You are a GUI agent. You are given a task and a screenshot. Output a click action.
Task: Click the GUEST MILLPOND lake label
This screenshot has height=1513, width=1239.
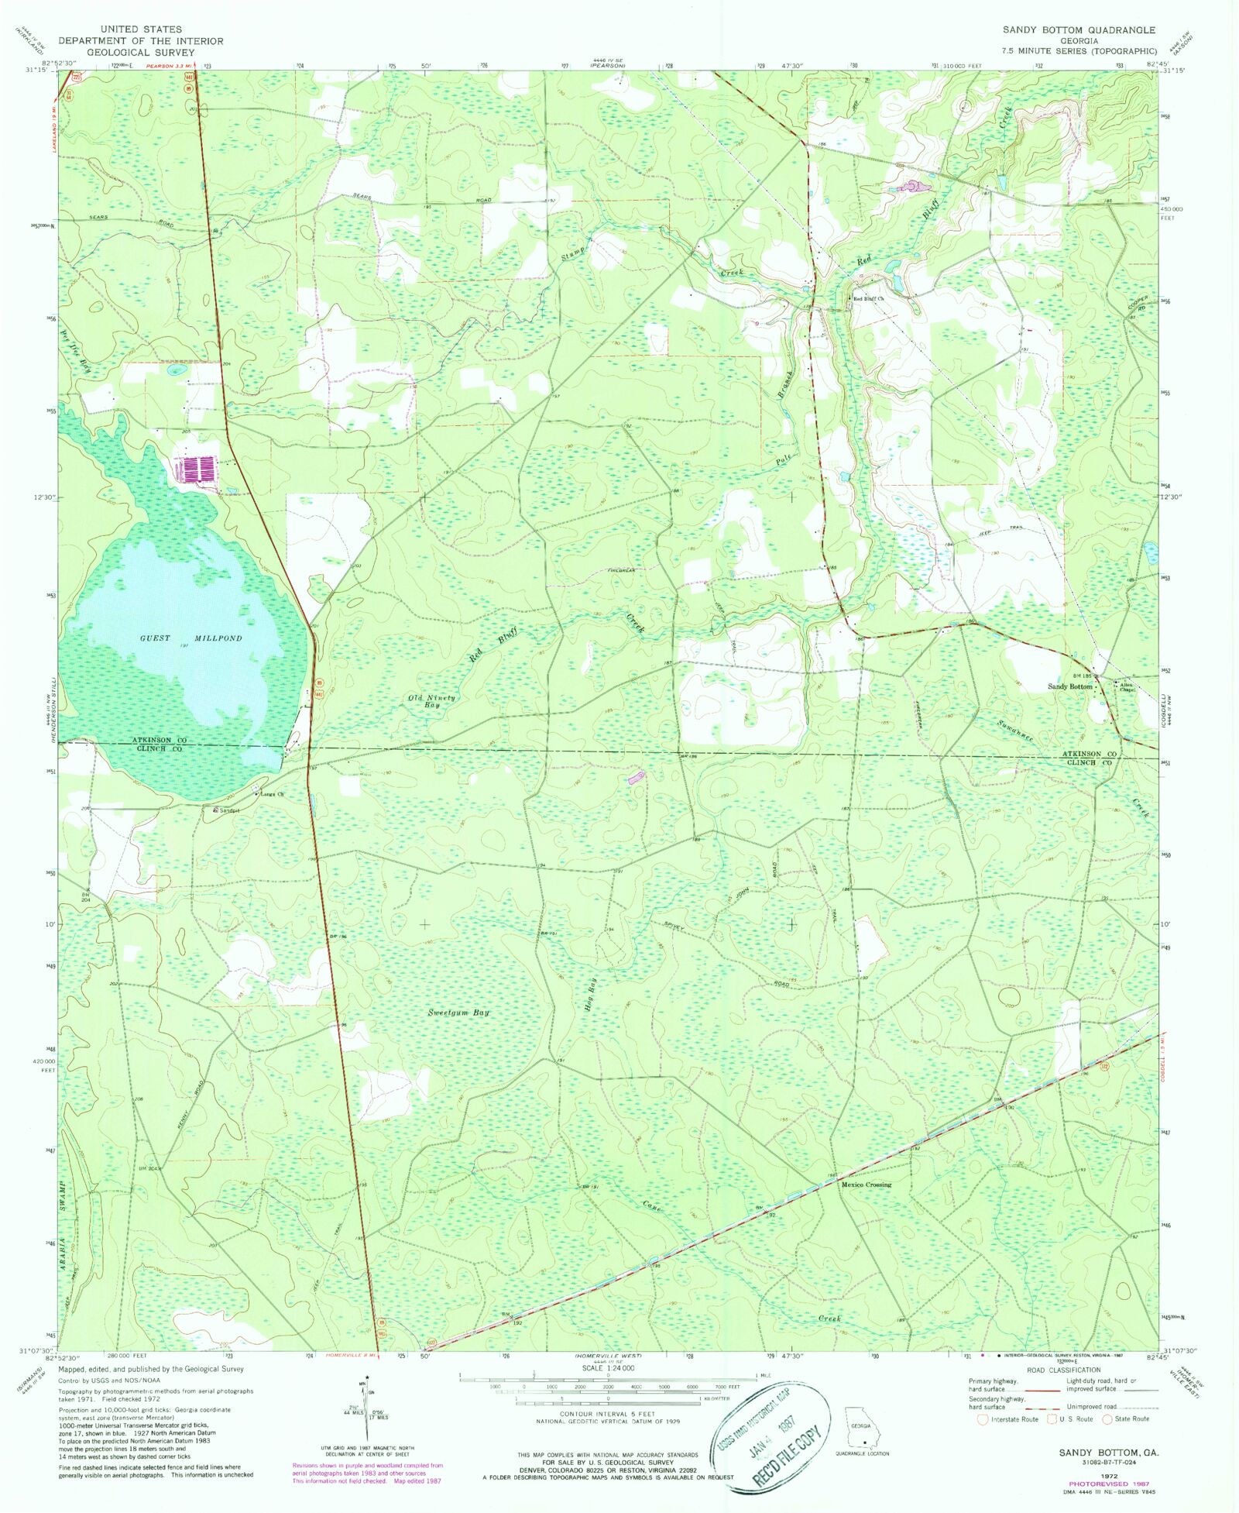click(190, 638)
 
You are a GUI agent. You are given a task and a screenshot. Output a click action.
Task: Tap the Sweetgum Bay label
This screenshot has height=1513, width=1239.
click(459, 1013)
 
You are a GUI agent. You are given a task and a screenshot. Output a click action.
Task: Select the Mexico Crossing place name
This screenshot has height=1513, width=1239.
click(867, 1206)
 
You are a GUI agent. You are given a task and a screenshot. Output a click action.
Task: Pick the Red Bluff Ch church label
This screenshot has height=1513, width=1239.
click(869, 298)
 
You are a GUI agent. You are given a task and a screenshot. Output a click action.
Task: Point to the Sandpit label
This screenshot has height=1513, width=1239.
click(228, 810)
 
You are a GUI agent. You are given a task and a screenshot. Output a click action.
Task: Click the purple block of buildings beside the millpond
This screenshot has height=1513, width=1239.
click(198, 469)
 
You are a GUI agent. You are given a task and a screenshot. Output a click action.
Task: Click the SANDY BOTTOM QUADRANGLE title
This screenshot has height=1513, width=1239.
click(1079, 30)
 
